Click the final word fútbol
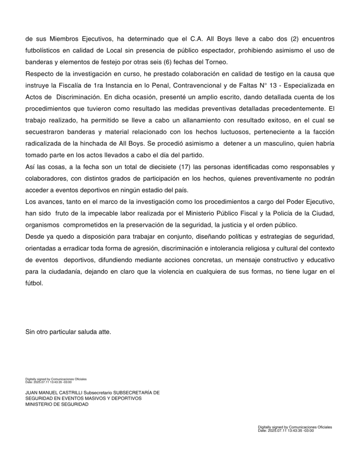tap(34, 282)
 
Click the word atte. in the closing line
tap(104, 331)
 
